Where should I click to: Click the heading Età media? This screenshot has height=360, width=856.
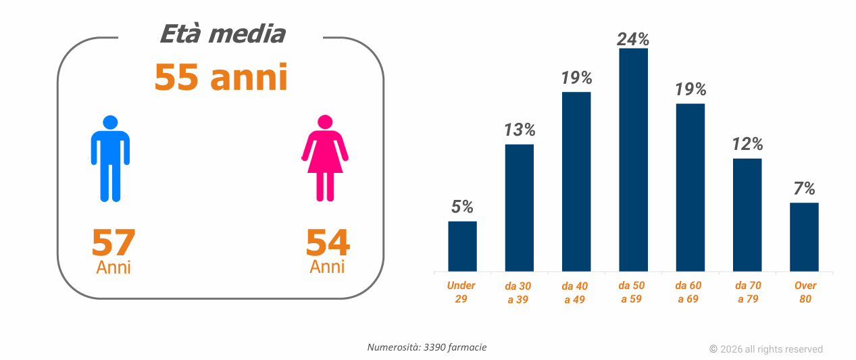[222, 34]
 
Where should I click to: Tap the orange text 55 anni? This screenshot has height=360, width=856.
[221, 77]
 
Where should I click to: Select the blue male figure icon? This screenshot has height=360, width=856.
[110, 159]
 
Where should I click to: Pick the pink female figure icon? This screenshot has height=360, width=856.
[325, 159]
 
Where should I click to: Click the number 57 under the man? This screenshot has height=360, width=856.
[114, 243]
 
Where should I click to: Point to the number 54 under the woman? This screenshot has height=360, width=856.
[328, 243]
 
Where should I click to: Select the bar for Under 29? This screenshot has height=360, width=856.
[462, 247]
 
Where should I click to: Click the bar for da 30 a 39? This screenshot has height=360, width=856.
[520, 208]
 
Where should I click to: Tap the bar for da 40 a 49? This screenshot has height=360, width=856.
[576, 182]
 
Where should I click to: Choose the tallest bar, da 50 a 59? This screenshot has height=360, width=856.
[633, 160]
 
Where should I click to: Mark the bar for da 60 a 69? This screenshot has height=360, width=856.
[690, 188]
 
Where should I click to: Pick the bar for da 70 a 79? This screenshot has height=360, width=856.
[747, 215]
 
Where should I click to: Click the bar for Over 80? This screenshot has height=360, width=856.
[804, 237]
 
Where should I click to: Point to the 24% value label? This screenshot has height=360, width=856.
[633, 39]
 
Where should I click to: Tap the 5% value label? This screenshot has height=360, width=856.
[462, 207]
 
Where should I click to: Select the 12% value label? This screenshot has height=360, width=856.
[747, 144]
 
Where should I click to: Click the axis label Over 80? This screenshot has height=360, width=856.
[805, 292]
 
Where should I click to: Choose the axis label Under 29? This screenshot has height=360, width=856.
[461, 292]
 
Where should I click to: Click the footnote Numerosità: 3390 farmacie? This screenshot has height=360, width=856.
[427, 347]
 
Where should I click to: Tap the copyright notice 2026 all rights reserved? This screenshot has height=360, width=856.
[766, 349]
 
